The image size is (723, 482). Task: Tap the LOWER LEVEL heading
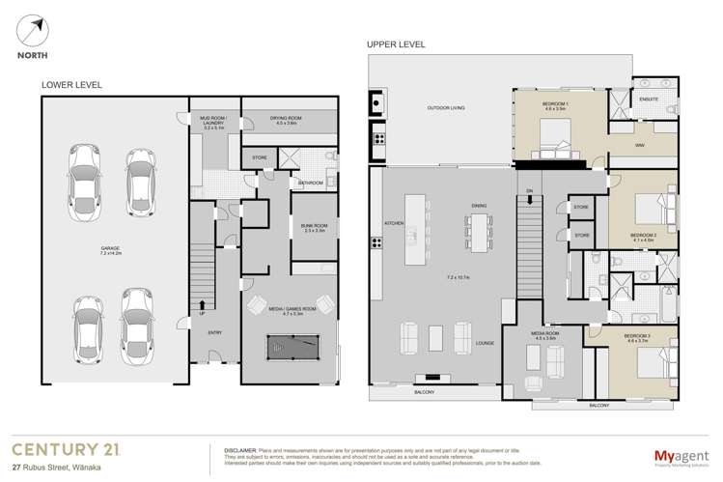[x=71, y=85]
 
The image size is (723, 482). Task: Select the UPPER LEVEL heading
[x=395, y=44]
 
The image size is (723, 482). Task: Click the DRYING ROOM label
[x=290, y=118]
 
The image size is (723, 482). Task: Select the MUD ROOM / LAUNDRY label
[x=214, y=121]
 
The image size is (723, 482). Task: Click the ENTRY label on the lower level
[x=215, y=333]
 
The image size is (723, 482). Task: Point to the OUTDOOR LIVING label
[x=446, y=108]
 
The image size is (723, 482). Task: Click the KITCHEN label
[x=394, y=223]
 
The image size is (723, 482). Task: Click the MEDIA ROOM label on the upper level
[x=545, y=334]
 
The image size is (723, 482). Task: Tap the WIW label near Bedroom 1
[x=639, y=146]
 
